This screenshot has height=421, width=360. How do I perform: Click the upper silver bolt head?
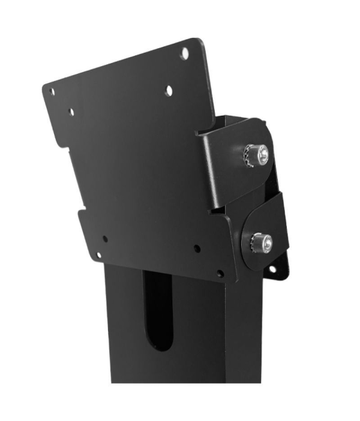(262, 152)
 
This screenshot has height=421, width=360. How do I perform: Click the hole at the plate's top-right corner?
(184, 53)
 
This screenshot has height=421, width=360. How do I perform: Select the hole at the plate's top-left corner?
(52, 92)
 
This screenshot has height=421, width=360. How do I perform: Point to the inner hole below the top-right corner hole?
(168, 91)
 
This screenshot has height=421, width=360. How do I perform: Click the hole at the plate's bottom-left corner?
(98, 255)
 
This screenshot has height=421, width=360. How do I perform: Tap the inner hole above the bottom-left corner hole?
(105, 238)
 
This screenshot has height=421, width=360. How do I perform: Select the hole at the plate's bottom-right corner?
(220, 273)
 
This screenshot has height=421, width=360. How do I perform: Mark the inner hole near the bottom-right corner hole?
(197, 248)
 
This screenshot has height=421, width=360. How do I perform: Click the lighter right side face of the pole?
(248, 334)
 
